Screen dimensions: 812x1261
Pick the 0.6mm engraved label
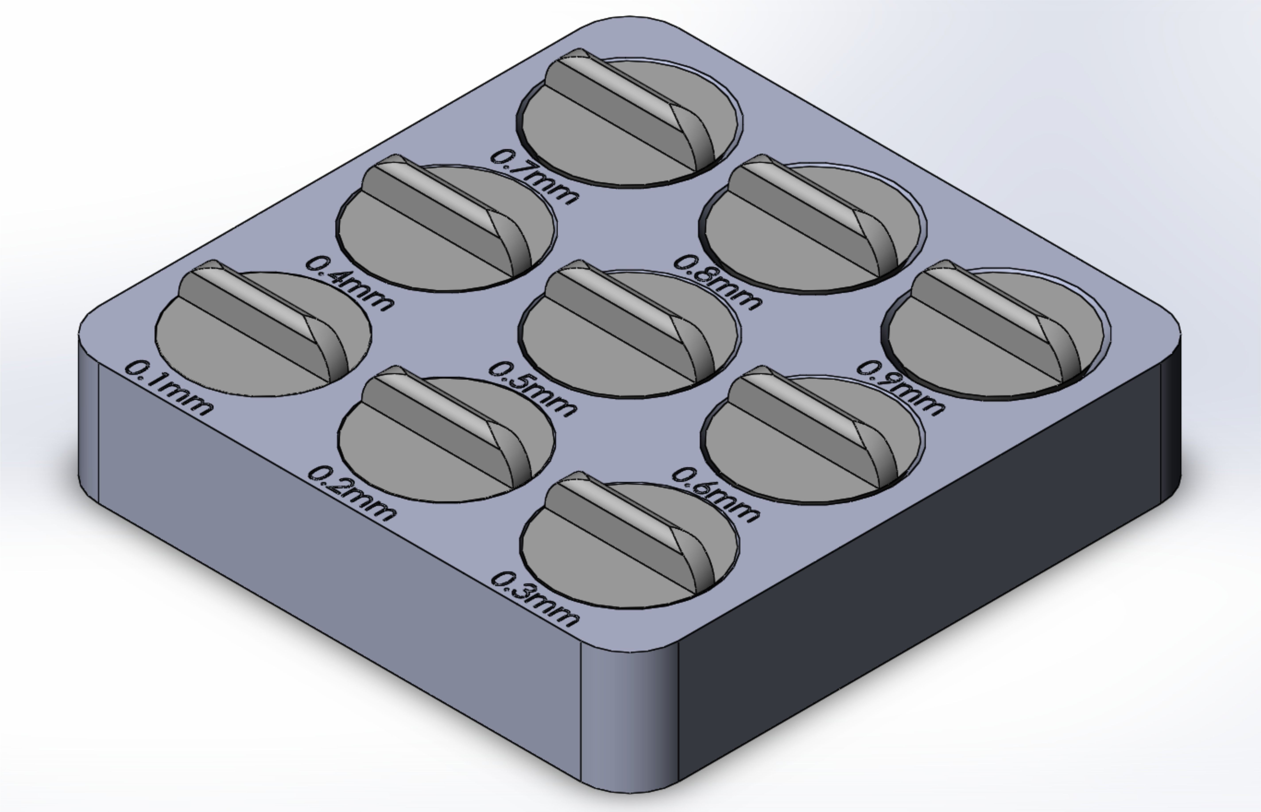[x=716, y=494]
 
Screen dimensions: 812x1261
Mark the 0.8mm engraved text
[x=717, y=282]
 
